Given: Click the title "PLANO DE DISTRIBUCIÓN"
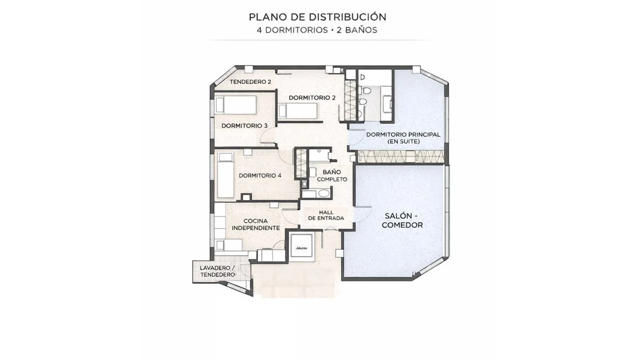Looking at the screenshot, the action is [317, 17].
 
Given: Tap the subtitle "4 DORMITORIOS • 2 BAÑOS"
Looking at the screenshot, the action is [317, 30].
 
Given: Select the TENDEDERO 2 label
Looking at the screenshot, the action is [250, 82].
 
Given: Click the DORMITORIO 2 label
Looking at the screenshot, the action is [312, 98].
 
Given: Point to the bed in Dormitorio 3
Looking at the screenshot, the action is [236, 105].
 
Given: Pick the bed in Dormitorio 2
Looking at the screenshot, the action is [298, 111].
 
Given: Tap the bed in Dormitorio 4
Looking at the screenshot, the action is [226, 175].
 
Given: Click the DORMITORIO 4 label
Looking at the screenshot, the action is [260, 175].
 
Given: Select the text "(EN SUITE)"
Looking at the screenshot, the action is [404, 142].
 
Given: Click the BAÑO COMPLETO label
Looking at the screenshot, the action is [332, 176].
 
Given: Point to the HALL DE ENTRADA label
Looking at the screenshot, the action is [326, 215].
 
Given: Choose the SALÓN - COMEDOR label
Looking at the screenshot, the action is [402, 220].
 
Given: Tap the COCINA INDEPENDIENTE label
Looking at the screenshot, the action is [256, 224].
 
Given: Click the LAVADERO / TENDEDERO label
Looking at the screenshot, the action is [218, 271].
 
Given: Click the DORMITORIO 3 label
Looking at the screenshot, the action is [244, 126].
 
